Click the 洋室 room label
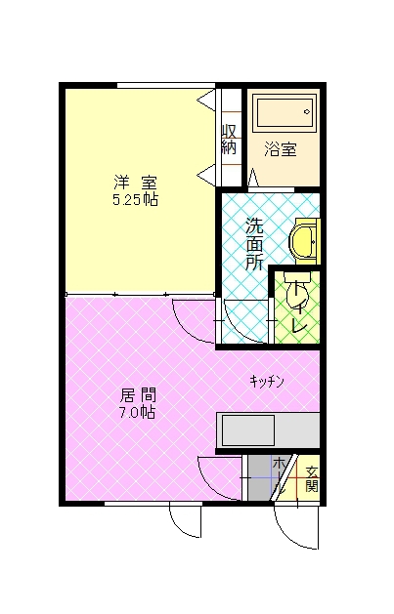click(135, 183)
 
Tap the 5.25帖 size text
click(135, 200)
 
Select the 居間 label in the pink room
click(138, 395)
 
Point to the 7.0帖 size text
click(137, 412)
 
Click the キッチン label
click(267, 382)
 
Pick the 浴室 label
click(280, 149)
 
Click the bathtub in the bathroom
click(285, 112)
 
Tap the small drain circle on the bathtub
click(307, 112)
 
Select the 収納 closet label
click(229, 140)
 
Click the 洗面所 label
click(254, 244)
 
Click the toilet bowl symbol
click(297, 291)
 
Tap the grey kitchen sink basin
click(247, 430)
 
